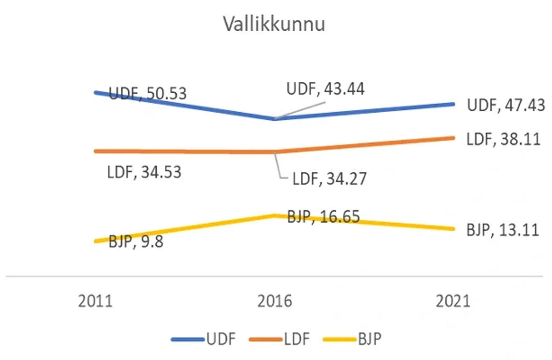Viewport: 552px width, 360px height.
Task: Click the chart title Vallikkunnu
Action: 274,24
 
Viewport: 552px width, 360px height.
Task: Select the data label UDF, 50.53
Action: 148,93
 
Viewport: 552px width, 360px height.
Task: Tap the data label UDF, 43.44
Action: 326,89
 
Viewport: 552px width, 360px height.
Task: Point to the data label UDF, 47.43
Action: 506,105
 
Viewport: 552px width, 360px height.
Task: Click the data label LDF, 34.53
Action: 144,172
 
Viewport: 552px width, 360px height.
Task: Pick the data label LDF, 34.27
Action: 329,179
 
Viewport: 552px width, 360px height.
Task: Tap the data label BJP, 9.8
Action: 136,241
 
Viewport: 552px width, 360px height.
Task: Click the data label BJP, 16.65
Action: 323,217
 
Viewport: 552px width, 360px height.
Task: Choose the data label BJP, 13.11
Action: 503,231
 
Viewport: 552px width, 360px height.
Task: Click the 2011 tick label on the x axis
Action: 95,301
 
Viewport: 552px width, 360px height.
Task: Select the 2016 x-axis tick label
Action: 275,301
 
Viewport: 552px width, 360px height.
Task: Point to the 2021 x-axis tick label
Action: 453,301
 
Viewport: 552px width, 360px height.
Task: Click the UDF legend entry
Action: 204,339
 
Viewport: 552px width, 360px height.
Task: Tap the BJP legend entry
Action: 355,339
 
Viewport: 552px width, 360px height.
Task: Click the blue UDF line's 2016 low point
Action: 275,119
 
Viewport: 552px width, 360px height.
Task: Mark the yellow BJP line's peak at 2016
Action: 275,215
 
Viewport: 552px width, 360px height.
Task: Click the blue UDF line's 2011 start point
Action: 95,92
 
